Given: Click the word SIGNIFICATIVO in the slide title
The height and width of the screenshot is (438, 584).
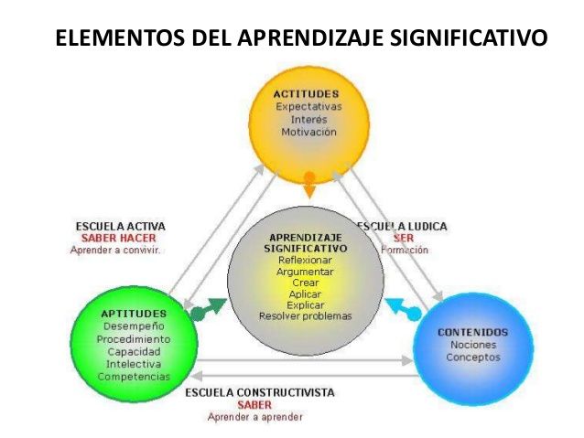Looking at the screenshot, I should tap(469, 40).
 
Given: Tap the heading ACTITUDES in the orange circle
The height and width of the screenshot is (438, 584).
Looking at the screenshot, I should tap(307, 94).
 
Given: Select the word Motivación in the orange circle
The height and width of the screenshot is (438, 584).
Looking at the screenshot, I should tap(308, 132).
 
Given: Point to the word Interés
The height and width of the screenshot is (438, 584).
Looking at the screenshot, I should tap(308, 119).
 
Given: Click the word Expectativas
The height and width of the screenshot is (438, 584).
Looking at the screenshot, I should tap(308, 107).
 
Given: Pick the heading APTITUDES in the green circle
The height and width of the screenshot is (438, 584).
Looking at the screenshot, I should tap(134, 313).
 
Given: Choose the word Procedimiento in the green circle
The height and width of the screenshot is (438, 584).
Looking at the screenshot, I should tap(134, 338).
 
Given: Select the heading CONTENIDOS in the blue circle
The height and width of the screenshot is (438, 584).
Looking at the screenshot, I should tap(473, 331).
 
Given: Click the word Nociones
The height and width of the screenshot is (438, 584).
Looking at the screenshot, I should tap(473, 345).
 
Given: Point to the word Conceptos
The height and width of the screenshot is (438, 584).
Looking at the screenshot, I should tap(473, 358).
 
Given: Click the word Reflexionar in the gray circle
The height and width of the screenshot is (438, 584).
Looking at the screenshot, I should tap(305, 260).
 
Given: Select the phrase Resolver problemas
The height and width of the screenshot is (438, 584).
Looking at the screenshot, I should tap(305, 316).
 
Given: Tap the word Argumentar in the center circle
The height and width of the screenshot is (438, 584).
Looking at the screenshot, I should tap(305, 272).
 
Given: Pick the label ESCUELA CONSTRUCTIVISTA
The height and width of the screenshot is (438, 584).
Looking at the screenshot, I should tap(260, 393).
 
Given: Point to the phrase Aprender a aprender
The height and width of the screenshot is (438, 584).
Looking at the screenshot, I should tap(254, 417).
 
